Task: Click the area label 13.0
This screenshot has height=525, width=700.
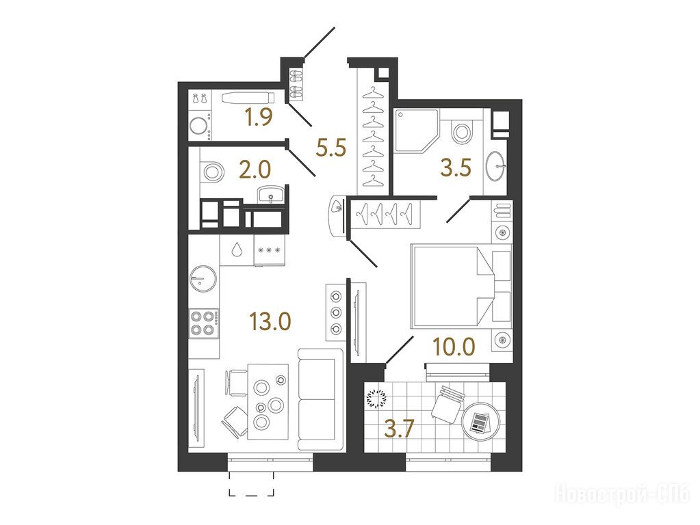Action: (x=270, y=321)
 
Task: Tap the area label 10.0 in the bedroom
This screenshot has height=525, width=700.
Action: (x=454, y=346)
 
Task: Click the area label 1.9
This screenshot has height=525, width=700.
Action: (x=259, y=118)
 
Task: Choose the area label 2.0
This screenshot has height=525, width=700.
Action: (x=255, y=170)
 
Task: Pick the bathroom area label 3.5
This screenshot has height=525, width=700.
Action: (x=456, y=168)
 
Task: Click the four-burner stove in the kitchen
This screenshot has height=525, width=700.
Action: (x=204, y=324)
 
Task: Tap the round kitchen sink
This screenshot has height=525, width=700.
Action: (x=203, y=280)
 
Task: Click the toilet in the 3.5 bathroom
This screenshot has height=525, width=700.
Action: (x=462, y=131)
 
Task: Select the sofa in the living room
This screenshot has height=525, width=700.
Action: (x=320, y=400)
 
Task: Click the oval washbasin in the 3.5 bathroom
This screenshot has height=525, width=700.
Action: (x=495, y=166)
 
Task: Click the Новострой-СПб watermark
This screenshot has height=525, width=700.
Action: (x=622, y=494)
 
